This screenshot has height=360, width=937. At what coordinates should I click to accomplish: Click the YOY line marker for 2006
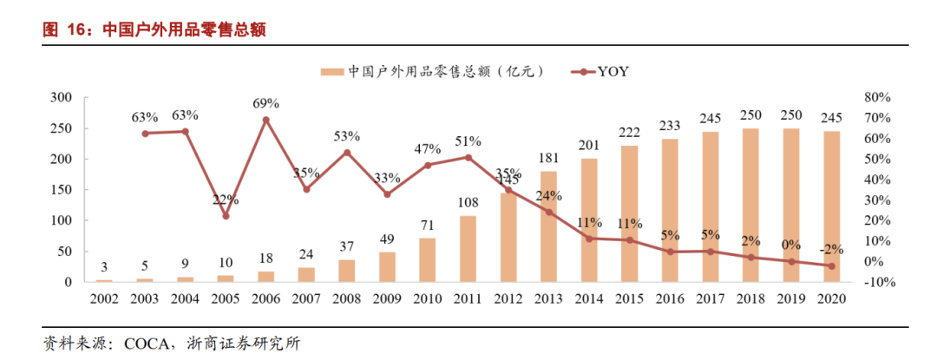click(x=265, y=120)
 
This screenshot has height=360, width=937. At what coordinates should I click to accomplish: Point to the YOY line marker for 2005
click(x=226, y=216)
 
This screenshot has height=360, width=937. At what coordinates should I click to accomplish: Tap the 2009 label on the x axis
click(x=388, y=298)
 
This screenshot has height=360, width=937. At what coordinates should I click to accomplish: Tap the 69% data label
click(x=265, y=103)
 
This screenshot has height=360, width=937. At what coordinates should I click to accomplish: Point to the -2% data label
click(x=830, y=249)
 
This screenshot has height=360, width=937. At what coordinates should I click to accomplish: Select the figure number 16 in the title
click(x=75, y=29)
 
